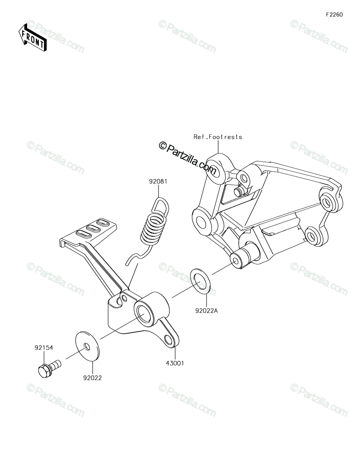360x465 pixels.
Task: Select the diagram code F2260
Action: (x=334, y=15)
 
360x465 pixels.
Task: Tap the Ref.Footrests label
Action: (x=218, y=137)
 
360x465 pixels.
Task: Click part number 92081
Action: (x=158, y=181)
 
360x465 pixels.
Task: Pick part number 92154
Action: (x=44, y=348)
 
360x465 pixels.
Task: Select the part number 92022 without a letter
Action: (x=92, y=378)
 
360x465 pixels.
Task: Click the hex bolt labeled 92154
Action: (x=49, y=368)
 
